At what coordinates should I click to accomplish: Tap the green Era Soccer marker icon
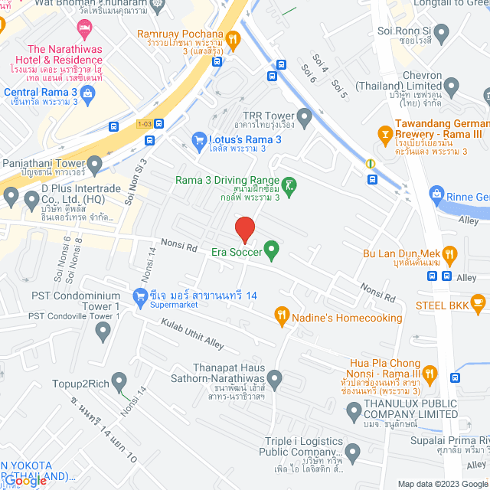[270, 249]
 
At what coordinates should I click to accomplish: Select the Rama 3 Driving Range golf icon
[289, 184]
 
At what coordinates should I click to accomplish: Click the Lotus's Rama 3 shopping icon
[199, 139]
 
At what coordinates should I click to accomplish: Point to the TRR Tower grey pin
[305, 118]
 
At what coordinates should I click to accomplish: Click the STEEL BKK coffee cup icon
[478, 305]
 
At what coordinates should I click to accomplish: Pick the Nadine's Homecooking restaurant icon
[282, 315]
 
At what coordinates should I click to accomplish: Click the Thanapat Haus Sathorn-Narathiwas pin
[274, 377]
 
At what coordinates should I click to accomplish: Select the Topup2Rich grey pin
[118, 381]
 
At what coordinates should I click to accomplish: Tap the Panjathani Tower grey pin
[94, 163]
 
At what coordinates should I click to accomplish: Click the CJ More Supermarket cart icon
[139, 296]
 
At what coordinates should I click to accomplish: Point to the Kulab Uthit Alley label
[192, 334]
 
